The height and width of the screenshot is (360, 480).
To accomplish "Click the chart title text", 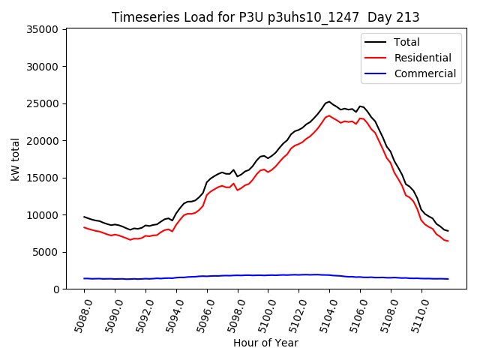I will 265,17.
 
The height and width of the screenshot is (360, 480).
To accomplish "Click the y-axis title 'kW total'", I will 15,159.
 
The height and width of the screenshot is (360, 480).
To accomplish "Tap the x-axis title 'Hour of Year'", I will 265,343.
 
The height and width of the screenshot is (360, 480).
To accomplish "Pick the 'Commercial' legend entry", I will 424,73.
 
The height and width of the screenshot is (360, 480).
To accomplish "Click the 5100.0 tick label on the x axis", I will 261,313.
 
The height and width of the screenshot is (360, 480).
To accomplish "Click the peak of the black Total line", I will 329,101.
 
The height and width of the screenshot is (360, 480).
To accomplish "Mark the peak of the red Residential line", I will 329,115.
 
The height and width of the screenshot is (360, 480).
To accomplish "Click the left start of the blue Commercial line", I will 84,278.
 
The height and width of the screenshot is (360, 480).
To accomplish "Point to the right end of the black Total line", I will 448,231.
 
